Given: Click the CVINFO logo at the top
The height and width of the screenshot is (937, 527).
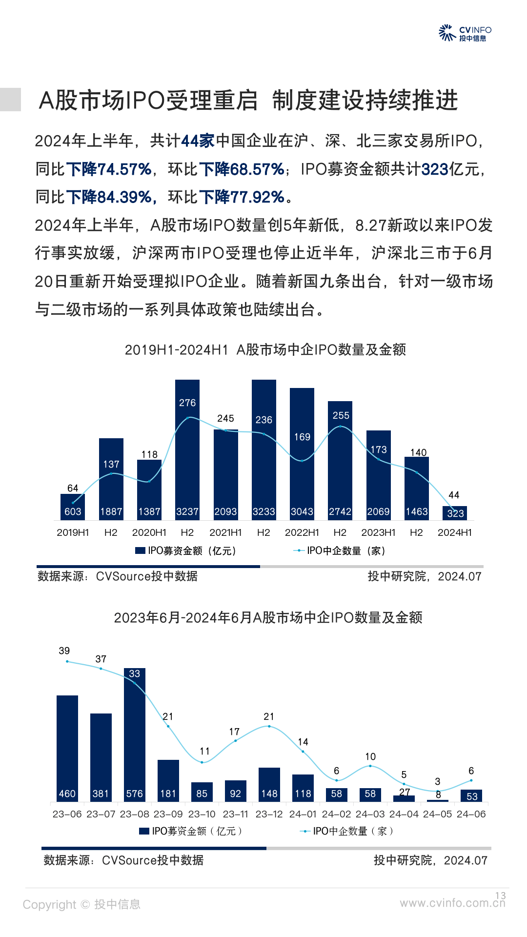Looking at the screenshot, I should [x=465, y=33].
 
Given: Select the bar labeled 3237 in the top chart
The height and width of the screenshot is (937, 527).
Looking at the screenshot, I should [x=187, y=449].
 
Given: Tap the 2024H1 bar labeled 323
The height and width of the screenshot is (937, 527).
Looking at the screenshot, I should [x=455, y=513].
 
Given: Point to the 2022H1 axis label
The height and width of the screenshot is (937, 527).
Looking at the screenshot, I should [x=302, y=532].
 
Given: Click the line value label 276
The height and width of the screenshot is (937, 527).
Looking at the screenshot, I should [x=187, y=403].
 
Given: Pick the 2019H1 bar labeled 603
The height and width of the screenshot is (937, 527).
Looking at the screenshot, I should [x=73, y=508].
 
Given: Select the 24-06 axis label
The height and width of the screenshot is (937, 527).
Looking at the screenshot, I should [x=471, y=814].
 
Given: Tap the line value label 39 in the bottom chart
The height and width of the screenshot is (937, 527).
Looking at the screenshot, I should [x=64, y=651].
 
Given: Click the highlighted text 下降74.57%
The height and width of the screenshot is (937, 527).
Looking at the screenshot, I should [x=108, y=169].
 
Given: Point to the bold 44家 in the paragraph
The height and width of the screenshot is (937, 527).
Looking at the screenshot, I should [x=198, y=141].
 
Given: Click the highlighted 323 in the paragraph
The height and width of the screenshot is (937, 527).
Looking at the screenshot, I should [x=435, y=169].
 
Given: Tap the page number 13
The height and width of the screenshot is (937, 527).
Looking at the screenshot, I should [x=501, y=896].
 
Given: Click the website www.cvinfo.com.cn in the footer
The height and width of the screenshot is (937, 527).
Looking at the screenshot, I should [x=452, y=903].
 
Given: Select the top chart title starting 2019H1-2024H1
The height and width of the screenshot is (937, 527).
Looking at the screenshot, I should [x=265, y=350].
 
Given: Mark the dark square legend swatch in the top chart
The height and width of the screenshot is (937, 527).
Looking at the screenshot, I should [x=140, y=550].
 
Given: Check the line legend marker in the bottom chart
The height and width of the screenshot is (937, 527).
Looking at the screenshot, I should [x=305, y=831].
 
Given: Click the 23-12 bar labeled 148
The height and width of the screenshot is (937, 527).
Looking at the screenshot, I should [x=269, y=785].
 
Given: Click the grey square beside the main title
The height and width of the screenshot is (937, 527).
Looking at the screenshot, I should [x=10, y=100].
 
